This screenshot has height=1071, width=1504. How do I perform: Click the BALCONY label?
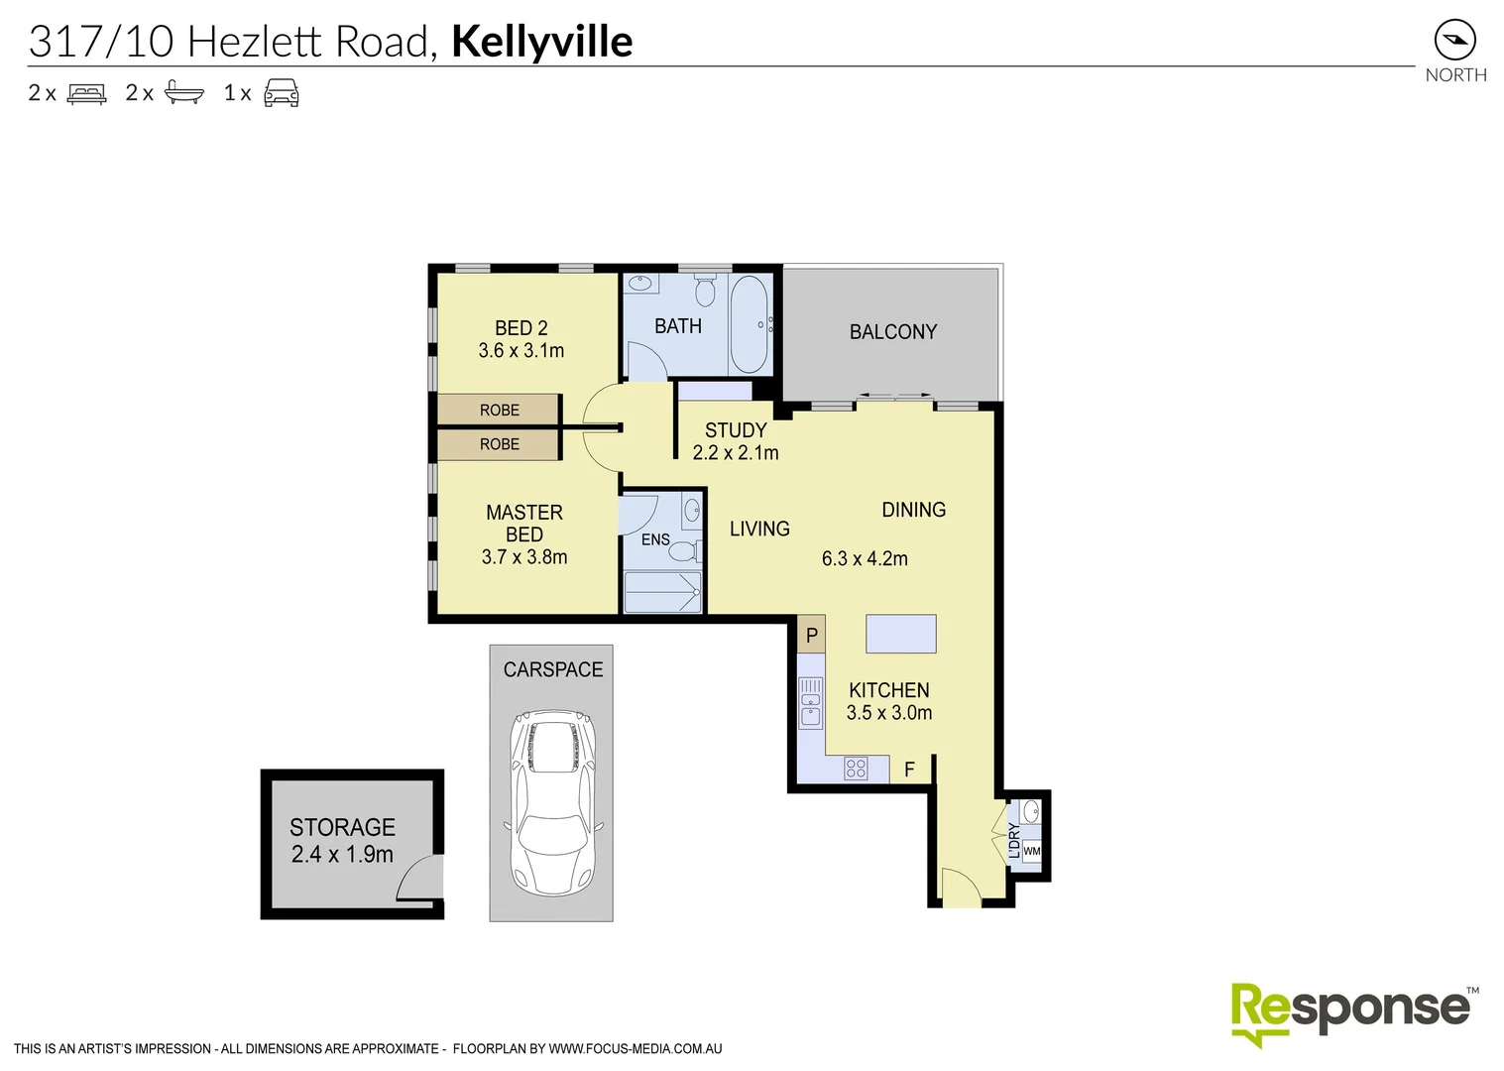pyautogui.click(x=892, y=332)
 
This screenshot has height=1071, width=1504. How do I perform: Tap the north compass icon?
pyautogui.click(x=1454, y=41)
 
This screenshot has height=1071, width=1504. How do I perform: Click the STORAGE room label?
pyautogui.click(x=342, y=827)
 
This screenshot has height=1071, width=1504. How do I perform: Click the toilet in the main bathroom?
pyautogui.click(x=705, y=291)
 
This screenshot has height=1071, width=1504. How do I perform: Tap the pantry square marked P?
pyautogui.click(x=811, y=636)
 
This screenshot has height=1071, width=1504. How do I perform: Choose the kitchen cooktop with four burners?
pyautogui.click(x=855, y=768)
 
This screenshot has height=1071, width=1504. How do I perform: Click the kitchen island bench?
pyautogui.click(x=900, y=634)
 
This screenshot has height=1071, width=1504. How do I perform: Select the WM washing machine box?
pyautogui.click(x=1031, y=851)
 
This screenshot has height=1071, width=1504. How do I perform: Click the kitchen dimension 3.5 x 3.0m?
pyautogui.click(x=888, y=713)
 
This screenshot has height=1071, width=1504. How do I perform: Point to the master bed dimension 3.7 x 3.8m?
pyautogui.click(x=523, y=557)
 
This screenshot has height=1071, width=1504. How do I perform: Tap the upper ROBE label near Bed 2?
pyautogui.click(x=499, y=410)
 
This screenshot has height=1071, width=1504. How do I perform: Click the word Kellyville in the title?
pyautogui.click(x=541, y=42)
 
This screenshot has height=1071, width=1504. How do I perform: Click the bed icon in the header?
pyautogui.click(x=86, y=93)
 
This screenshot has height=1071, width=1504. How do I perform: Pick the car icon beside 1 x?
pyautogui.click(x=281, y=93)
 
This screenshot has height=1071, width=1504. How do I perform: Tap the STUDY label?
pyautogui.click(x=735, y=430)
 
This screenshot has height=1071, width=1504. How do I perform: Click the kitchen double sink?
pyautogui.click(x=810, y=701)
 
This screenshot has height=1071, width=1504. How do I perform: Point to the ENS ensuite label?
pyautogui.click(x=655, y=540)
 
